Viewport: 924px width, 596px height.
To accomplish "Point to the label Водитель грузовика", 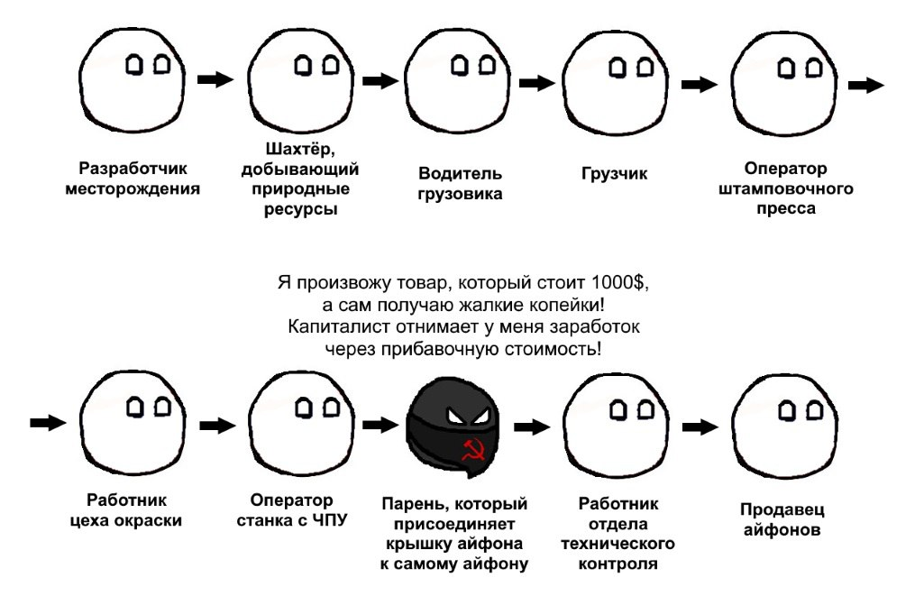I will (x=460, y=183).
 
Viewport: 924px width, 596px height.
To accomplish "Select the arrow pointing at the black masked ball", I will (x=380, y=425).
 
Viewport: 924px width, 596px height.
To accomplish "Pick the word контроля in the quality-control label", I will (x=617, y=564).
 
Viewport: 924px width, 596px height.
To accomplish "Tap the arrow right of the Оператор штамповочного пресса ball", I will (x=866, y=86).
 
